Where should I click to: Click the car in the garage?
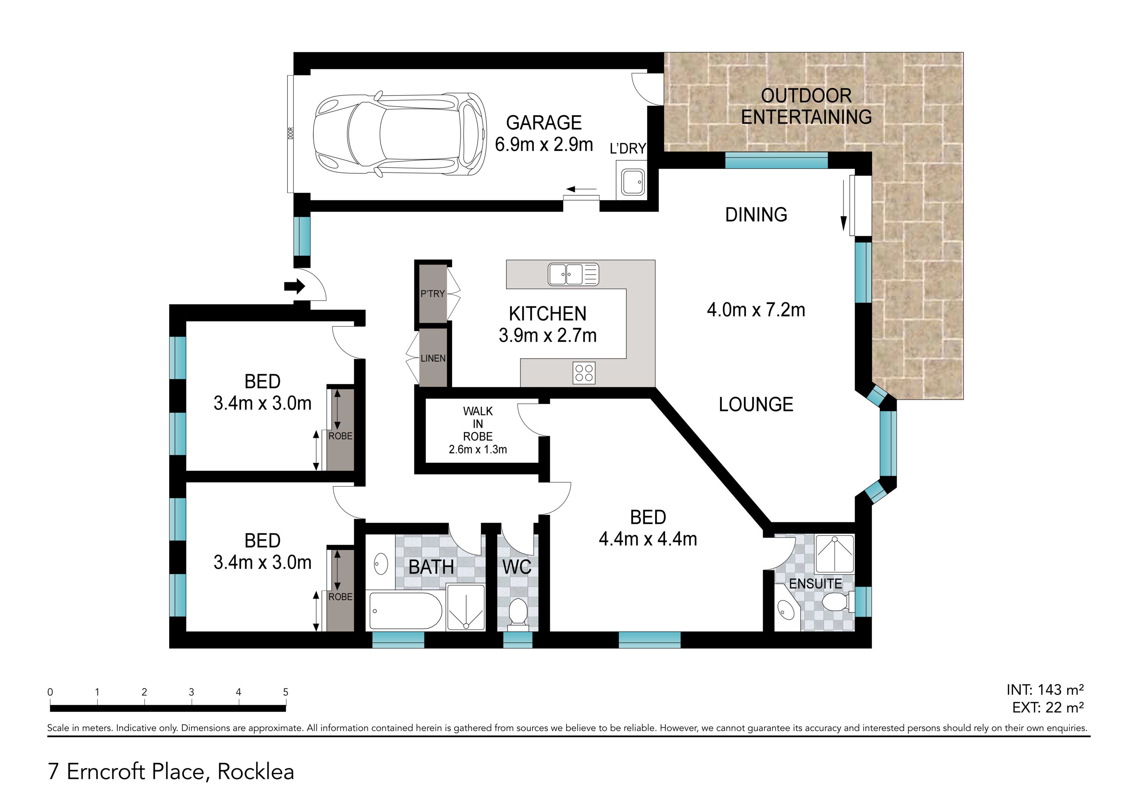(x=399, y=134)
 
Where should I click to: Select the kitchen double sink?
(x=573, y=274)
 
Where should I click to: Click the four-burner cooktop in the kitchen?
(x=584, y=373)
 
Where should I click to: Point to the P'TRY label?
(x=433, y=294)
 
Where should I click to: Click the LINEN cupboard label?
(x=433, y=358)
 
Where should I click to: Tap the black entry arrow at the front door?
(x=294, y=286)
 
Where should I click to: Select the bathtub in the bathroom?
(x=406, y=611)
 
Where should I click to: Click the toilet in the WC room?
(x=518, y=614)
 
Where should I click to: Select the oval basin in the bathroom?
(x=380, y=564)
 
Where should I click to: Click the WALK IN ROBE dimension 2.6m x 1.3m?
(x=478, y=450)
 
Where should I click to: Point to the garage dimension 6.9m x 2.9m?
(x=544, y=145)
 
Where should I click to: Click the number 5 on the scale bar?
(x=286, y=692)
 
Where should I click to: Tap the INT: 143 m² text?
(x=1045, y=690)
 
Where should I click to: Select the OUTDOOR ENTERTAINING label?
(x=806, y=107)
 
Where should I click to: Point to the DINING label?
(x=756, y=215)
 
